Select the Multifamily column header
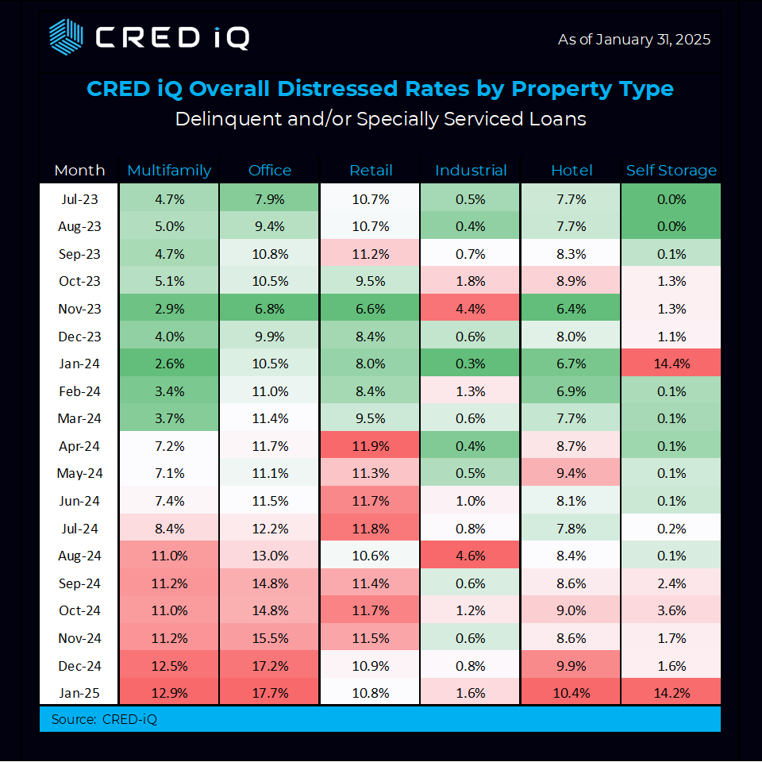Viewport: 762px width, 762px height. (x=169, y=171)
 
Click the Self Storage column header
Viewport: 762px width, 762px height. (x=671, y=171)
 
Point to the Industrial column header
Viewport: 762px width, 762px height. (x=471, y=171)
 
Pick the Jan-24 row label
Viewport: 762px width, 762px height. (x=79, y=363)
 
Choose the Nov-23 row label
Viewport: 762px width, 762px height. (x=79, y=308)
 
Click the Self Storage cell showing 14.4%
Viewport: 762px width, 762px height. (x=671, y=363)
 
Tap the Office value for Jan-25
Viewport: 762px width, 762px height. (x=270, y=692)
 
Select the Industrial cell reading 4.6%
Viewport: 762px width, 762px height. (x=471, y=556)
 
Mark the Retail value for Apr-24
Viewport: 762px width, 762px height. (x=371, y=445)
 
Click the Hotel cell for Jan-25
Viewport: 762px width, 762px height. (x=571, y=692)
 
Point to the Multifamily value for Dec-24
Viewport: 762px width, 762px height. (x=169, y=665)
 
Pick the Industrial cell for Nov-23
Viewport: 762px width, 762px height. (x=471, y=308)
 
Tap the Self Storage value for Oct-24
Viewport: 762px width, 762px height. (x=671, y=610)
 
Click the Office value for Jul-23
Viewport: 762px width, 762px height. (x=270, y=198)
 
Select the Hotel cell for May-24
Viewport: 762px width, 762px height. (x=571, y=473)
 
